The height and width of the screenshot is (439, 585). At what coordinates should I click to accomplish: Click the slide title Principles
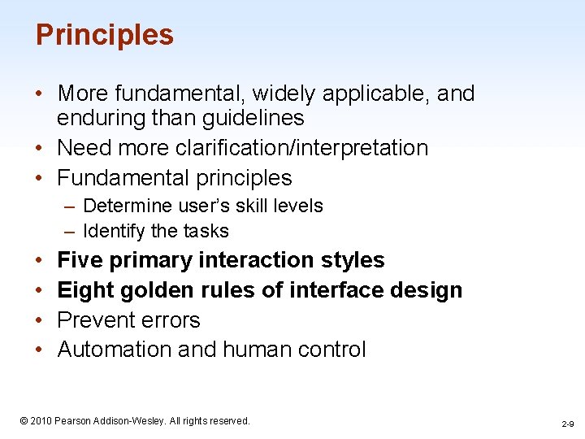click(x=105, y=35)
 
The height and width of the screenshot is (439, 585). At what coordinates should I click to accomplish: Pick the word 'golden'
click(x=162, y=290)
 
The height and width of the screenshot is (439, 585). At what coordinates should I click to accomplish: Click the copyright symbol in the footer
click(x=24, y=421)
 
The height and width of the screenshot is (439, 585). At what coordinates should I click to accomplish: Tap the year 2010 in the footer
click(x=41, y=421)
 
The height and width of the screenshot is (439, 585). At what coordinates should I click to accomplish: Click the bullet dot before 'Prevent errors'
click(x=41, y=320)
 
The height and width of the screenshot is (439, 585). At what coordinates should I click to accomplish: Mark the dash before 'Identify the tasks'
click(x=71, y=232)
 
